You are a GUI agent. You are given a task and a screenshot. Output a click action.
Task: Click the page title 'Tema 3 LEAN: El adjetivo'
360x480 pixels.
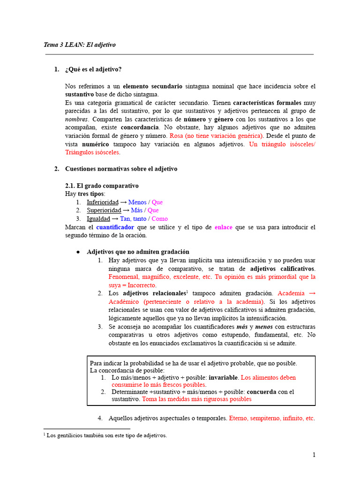point(79,45)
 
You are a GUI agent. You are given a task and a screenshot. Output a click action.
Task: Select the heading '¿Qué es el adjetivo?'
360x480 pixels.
point(93,70)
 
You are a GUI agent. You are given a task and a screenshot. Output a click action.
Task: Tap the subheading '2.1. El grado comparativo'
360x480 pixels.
point(102,186)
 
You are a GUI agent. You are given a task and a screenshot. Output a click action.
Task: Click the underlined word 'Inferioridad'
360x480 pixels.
point(103,202)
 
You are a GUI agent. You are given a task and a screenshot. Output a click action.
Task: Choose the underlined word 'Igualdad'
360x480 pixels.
point(98,219)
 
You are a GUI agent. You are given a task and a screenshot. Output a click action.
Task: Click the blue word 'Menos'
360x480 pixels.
point(137,202)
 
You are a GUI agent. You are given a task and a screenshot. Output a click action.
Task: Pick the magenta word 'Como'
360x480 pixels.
point(160,219)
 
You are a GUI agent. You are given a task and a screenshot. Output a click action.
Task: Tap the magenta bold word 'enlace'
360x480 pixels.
point(223,227)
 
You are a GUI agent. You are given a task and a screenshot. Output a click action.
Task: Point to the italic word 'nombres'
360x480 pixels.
point(76,119)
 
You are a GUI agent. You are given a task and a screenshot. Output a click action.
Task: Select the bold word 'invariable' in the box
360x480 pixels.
point(224,377)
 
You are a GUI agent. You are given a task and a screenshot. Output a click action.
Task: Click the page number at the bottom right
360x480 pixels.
point(314,455)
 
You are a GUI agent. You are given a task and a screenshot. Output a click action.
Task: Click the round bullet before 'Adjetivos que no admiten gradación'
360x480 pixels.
point(79,252)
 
